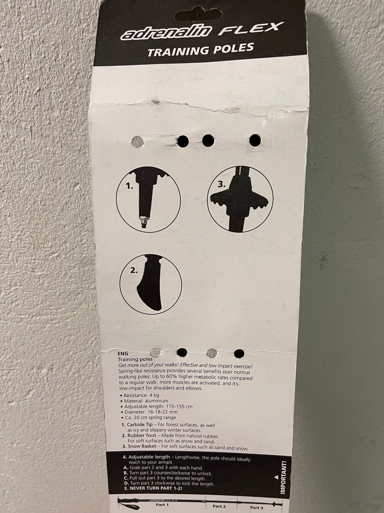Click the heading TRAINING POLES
point(200,50)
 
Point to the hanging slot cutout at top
point(198,15)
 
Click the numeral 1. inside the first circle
point(129,186)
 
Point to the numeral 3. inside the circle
point(222,184)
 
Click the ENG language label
point(123,353)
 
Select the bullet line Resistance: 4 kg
point(140,395)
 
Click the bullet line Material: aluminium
point(144,401)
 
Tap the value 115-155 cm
point(179,406)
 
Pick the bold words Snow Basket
point(142,446)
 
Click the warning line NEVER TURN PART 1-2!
point(156,488)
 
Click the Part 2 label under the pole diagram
point(219,506)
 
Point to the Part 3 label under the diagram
point(257,507)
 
